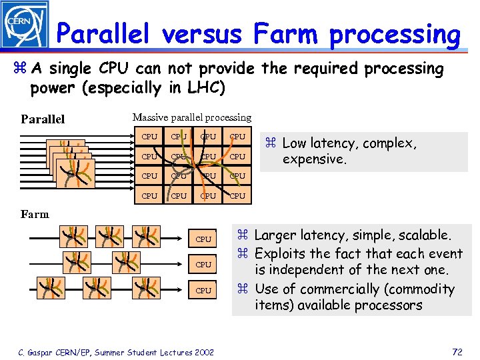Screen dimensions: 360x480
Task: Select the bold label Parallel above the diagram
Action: click(43, 120)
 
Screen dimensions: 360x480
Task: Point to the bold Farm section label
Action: click(35, 214)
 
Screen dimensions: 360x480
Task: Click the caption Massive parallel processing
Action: click(192, 117)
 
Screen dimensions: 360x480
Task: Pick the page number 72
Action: click(457, 351)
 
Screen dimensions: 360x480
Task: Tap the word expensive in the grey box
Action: click(313, 159)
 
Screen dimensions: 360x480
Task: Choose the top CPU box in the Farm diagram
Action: click(203, 239)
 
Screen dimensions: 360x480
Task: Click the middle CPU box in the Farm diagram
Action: click(203, 265)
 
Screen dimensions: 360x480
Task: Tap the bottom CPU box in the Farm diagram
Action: click(203, 291)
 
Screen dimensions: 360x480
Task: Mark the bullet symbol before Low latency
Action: click(271, 143)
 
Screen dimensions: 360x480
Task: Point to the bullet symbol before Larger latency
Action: click(243, 235)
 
